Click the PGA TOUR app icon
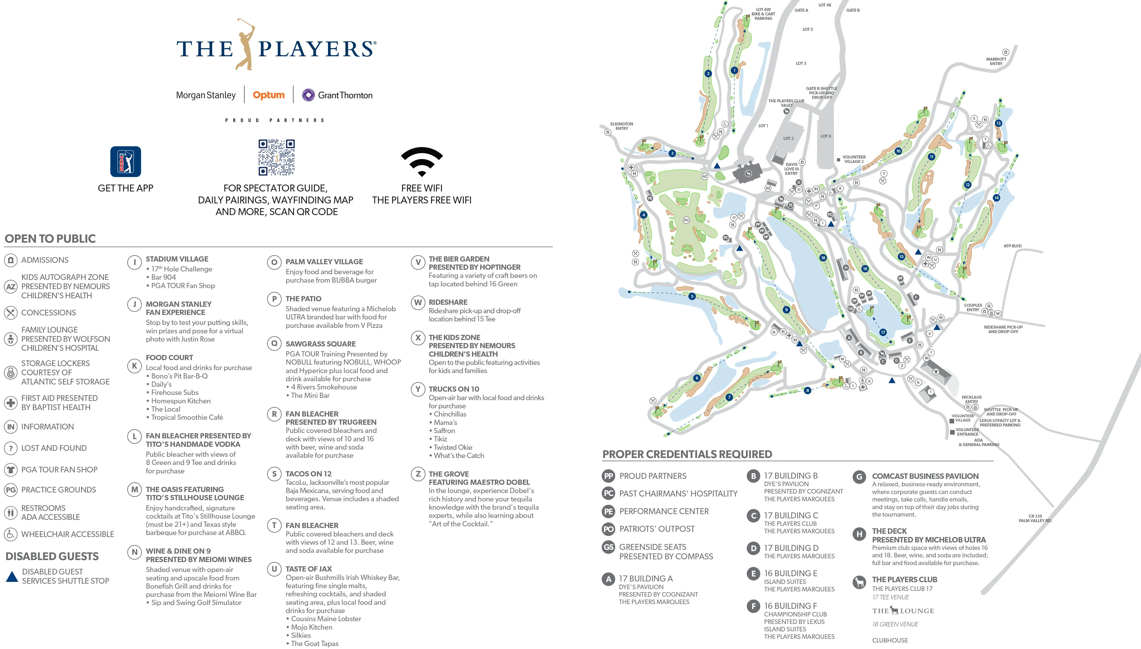click(126, 161)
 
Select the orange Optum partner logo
click(268, 95)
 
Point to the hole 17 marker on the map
click(883, 332)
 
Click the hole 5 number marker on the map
click(692, 296)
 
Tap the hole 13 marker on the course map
click(999, 123)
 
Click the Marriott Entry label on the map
click(996, 61)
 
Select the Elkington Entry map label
click(621, 126)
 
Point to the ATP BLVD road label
click(1012, 246)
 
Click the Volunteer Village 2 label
click(854, 159)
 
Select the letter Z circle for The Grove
click(418, 474)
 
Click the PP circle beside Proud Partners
click(608, 476)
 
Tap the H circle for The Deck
click(859, 534)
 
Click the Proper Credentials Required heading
click(687, 454)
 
